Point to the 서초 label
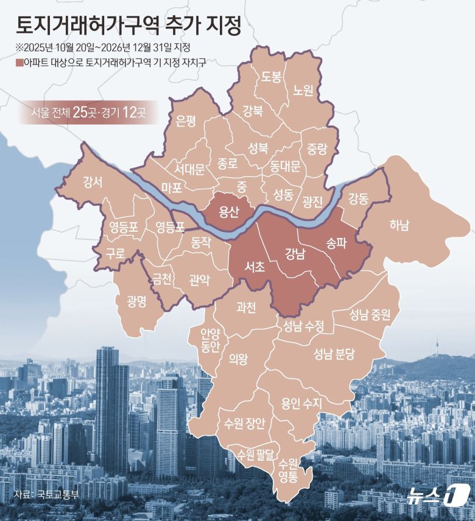pyautogui.click(x=253, y=266)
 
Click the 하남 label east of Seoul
pyautogui.click(x=399, y=226)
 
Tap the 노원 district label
pyautogui.click(x=303, y=90)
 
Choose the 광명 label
pyautogui.click(x=136, y=301)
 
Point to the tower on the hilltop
pyautogui.click(x=434, y=346)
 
